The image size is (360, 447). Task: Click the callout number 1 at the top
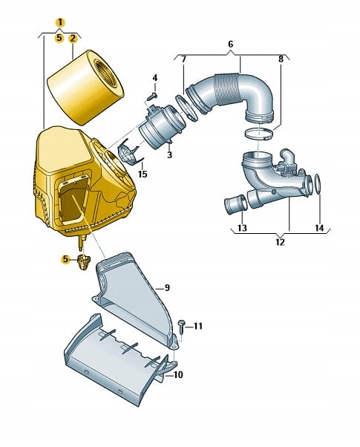60,22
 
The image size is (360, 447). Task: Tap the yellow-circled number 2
73,38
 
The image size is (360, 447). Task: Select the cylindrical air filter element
85,88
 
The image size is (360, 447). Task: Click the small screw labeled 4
152,96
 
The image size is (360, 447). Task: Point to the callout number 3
169,155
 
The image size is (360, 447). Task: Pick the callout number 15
143,174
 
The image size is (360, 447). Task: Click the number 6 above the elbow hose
231,45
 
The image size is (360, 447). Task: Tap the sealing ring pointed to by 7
187,108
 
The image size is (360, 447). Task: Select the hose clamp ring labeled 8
258,134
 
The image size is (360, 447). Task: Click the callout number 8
281,59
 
